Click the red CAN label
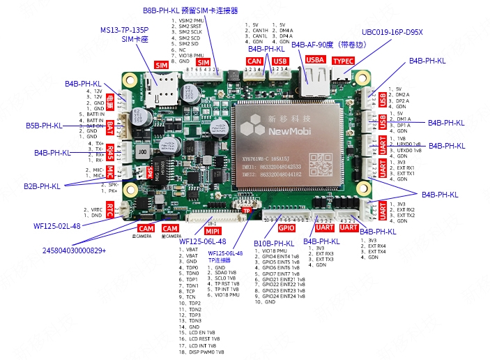[x=254, y=61]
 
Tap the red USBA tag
[x=315, y=61]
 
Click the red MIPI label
[x=212, y=230]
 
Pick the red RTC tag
[x=109, y=207]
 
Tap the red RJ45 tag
[x=109, y=151]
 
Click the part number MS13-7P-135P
[x=124, y=31]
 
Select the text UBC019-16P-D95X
[x=392, y=32]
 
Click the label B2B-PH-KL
[x=42, y=186]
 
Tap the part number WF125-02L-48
[x=57, y=226]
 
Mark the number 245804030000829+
[x=74, y=250]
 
